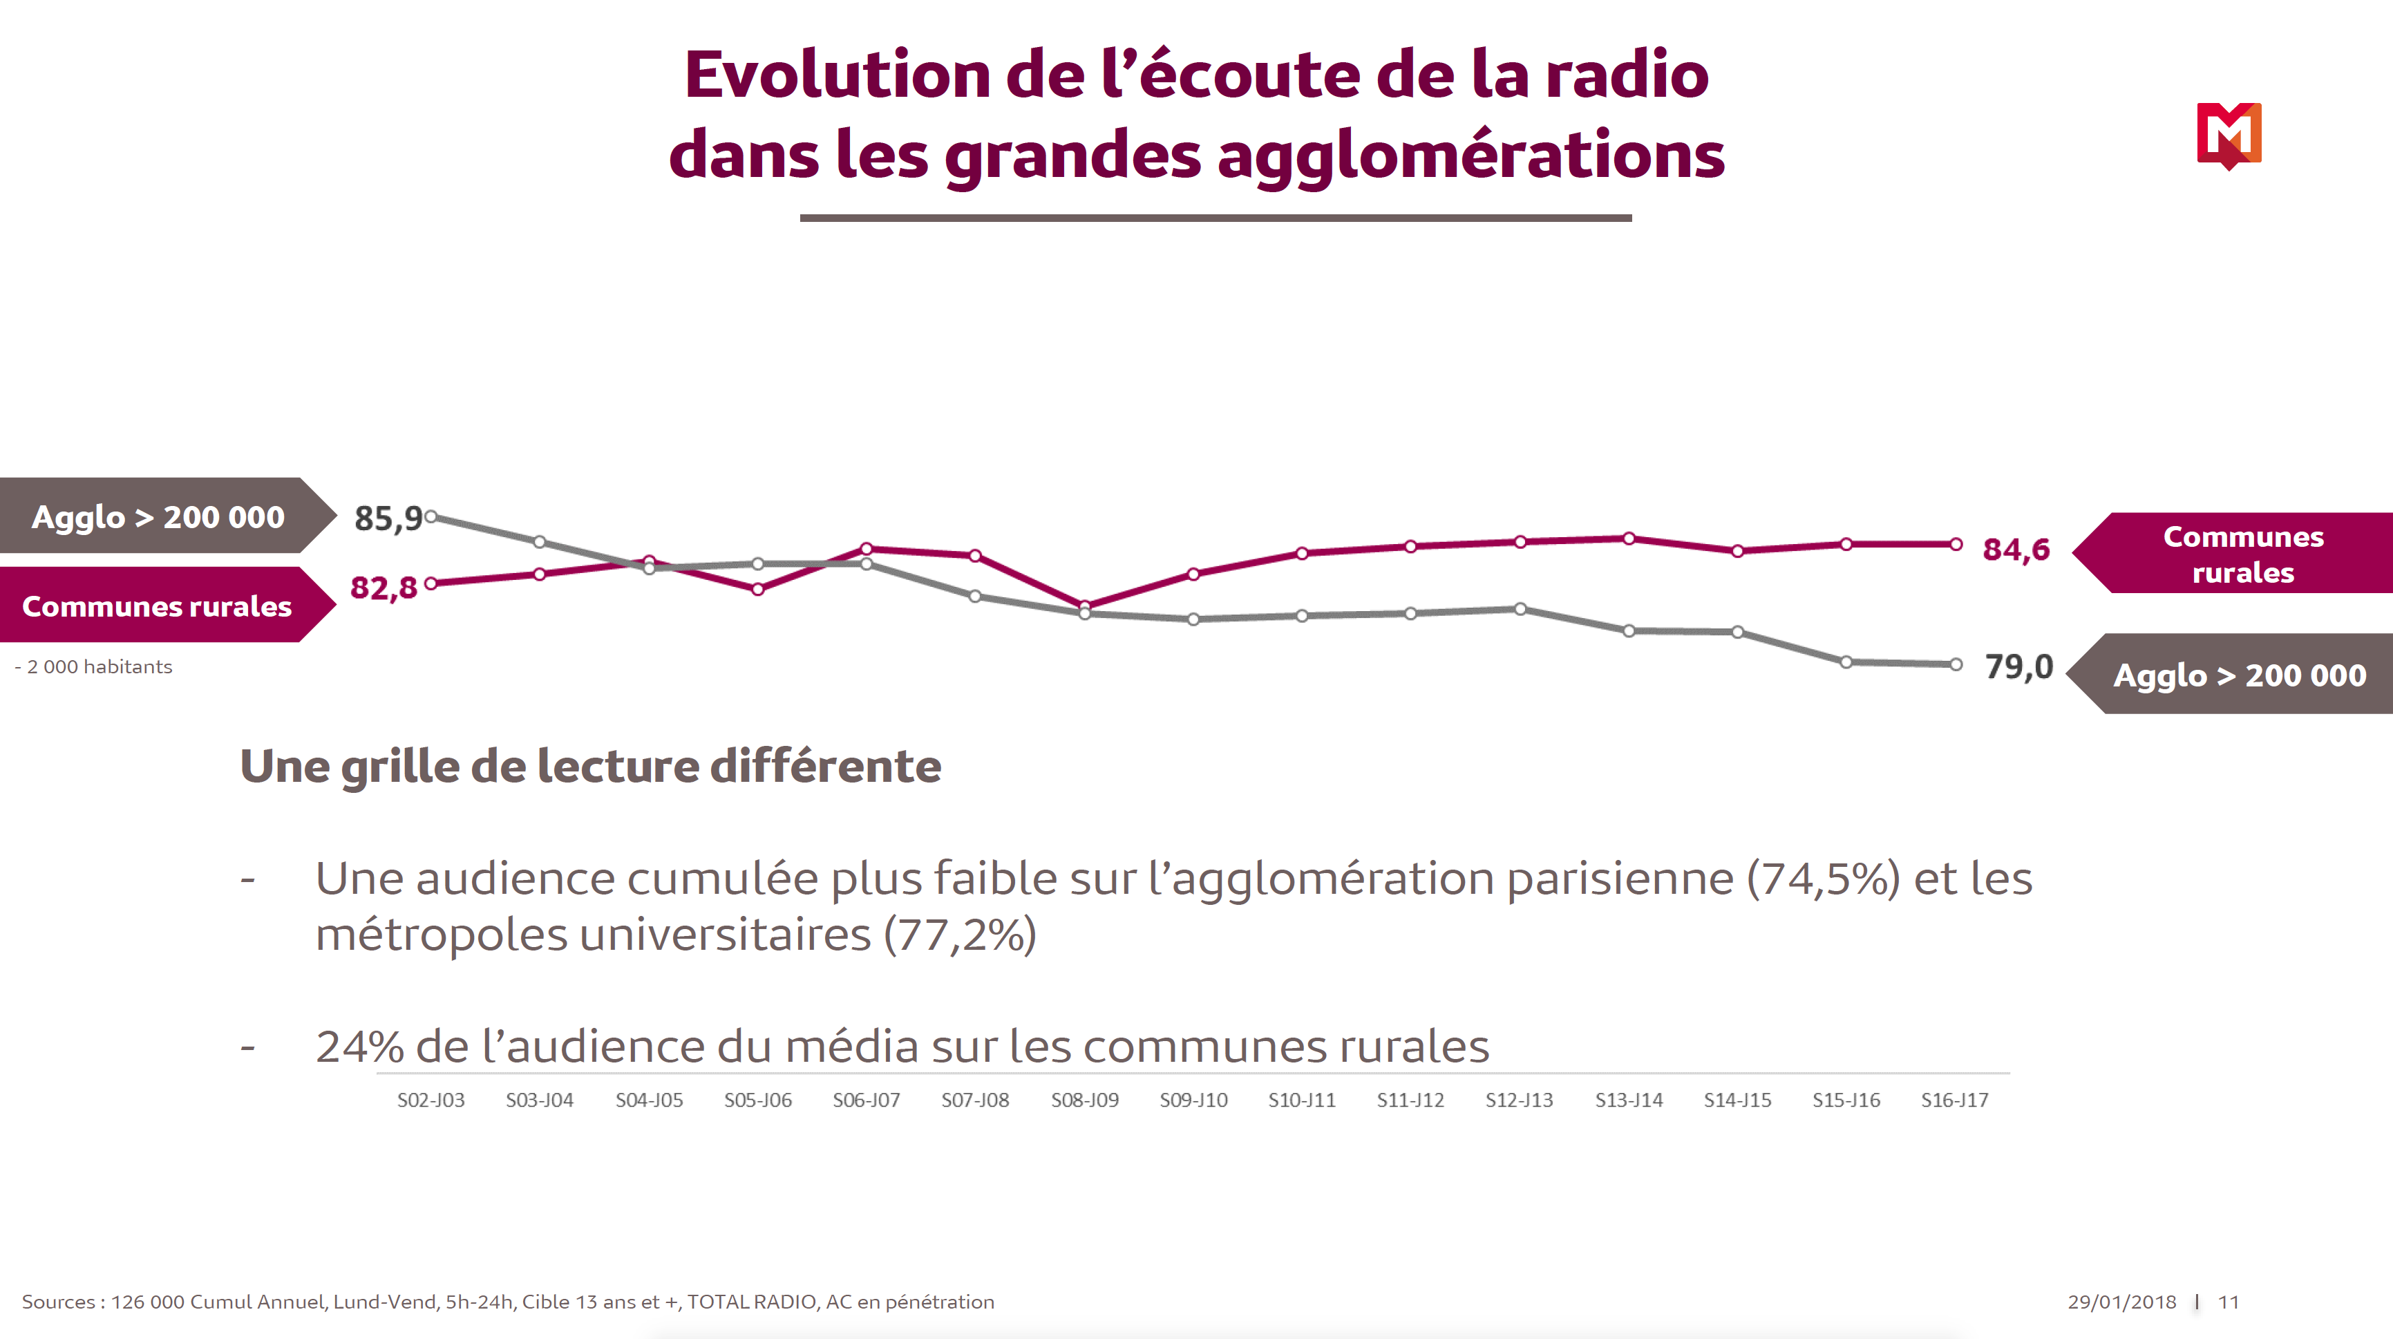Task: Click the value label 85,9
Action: [388, 518]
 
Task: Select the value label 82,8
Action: [384, 588]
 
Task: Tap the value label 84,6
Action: [2016, 549]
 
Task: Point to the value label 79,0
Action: [2018, 666]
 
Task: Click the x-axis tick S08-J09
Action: [1084, 1101]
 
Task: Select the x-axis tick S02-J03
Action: [431, 1101]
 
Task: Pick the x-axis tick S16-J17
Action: [1954, 1101]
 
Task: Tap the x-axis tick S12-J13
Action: [1519, 1101]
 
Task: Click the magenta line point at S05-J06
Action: [758, 589]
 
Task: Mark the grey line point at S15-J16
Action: [1846, 662]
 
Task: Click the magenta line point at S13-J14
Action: [1629, 538]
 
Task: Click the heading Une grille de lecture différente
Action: [591, 767]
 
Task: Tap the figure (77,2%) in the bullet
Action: [960, 935]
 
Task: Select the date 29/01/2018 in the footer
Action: [2121, 1302]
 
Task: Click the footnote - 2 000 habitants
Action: [94, 667]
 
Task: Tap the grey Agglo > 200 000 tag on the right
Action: [2239, 675]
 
